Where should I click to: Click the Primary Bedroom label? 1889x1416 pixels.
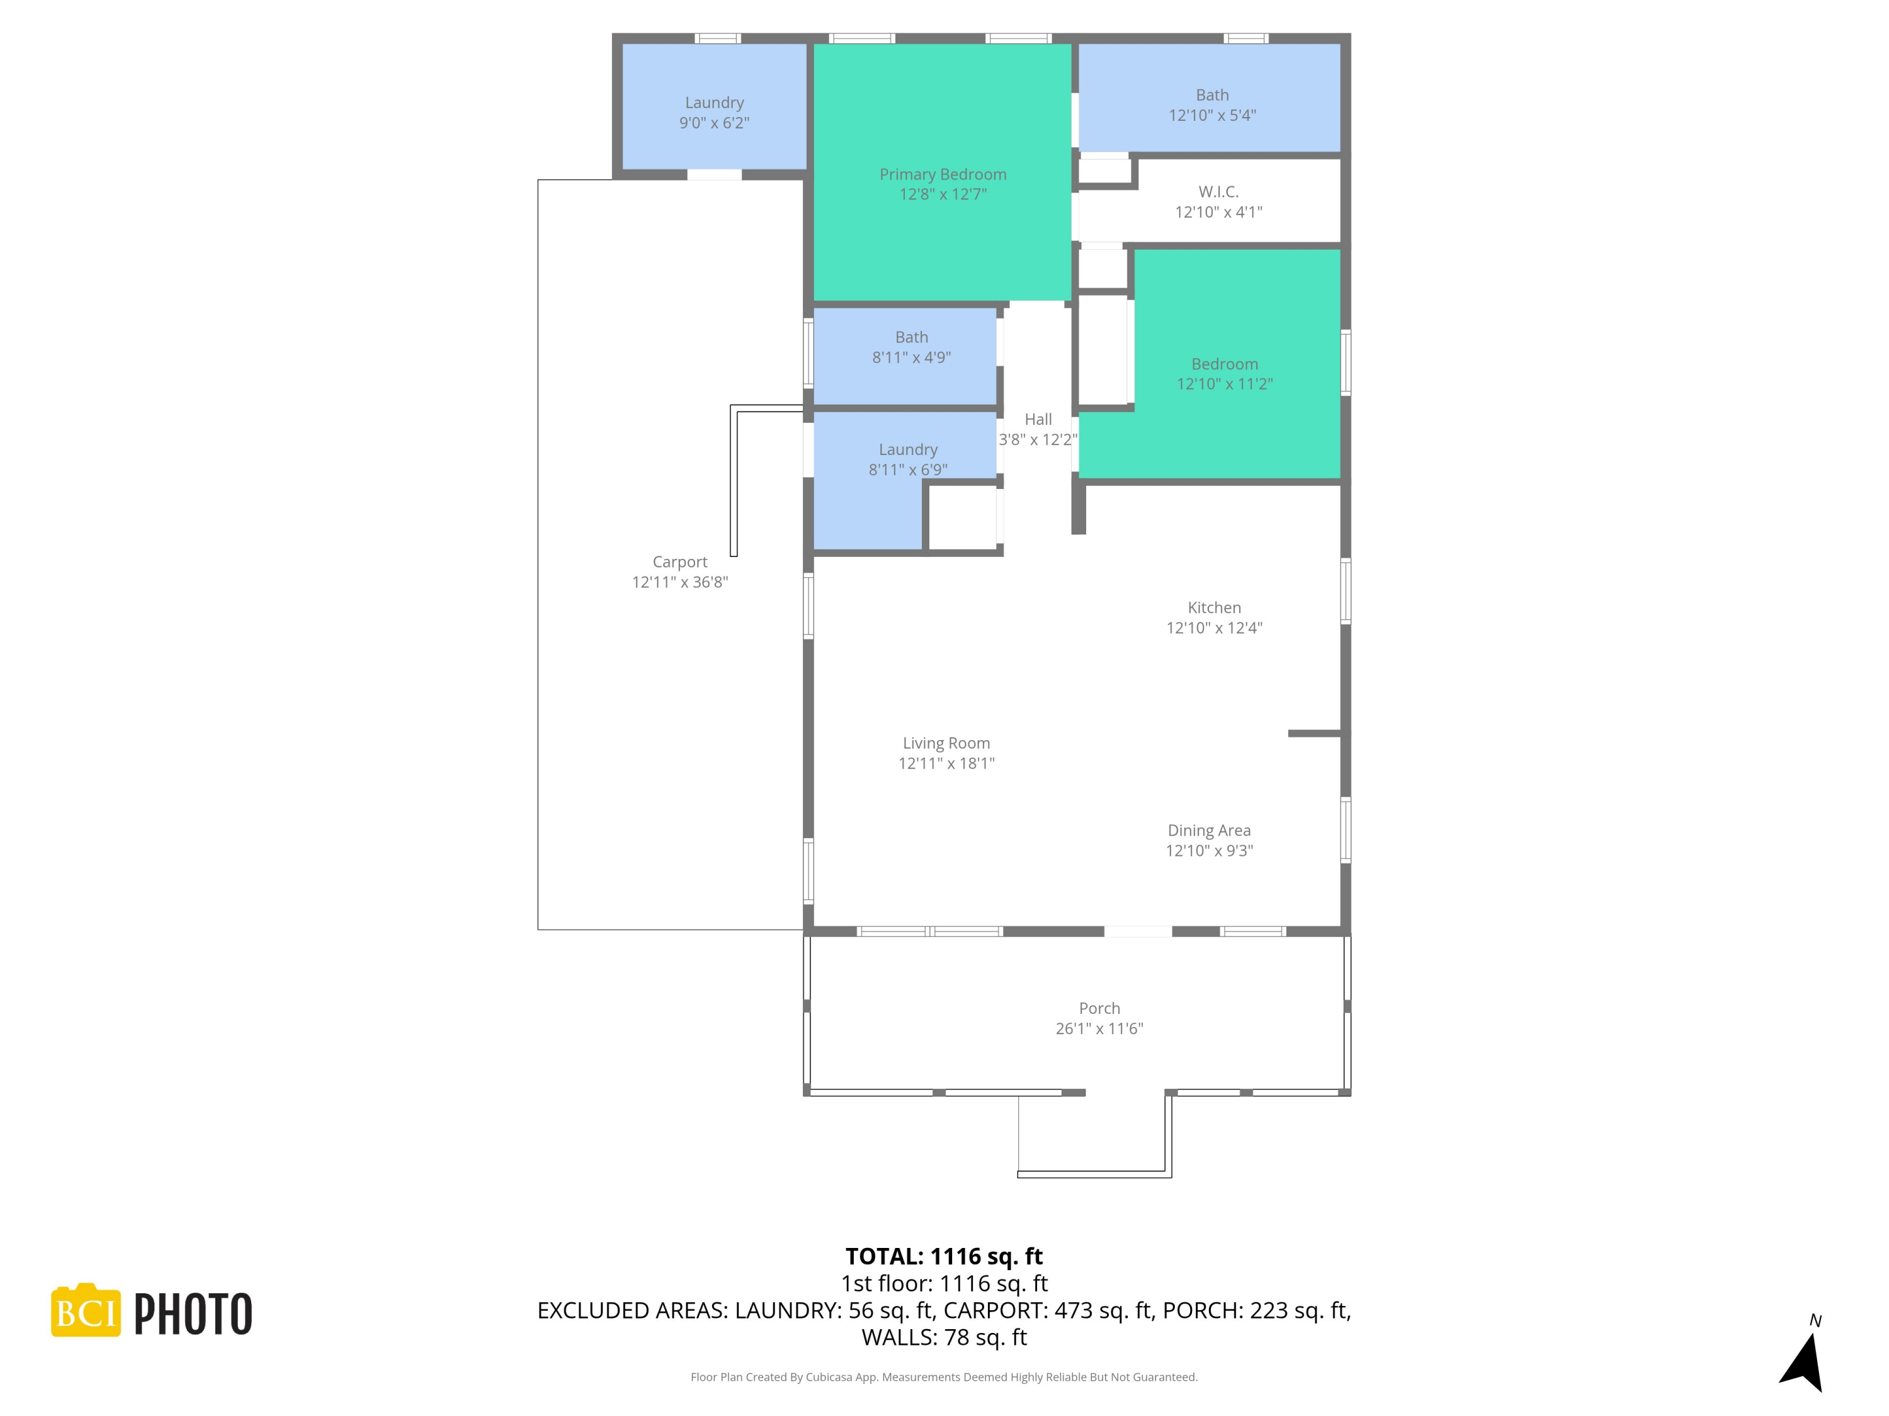(x=943, y=174)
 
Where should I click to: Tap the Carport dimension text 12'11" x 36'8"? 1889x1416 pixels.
(x=680, y=582)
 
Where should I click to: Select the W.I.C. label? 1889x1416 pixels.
(x=1218, y=192)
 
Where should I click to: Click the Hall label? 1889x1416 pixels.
(x=1038, y=419)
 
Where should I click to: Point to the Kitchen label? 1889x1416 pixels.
(x=1213, y=608)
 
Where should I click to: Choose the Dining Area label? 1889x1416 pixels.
(x=1208, y=831)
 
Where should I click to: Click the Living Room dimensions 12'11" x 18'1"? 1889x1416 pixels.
(x=946, y=763)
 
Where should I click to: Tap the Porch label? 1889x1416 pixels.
(x=1099, y=1008)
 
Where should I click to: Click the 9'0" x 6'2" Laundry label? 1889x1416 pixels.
(x=714, y=113)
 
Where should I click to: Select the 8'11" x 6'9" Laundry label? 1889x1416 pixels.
(x=908, y=459)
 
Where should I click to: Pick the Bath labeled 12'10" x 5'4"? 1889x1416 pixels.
(x=1212, y=105)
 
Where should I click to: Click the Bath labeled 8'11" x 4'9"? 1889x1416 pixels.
(x=911, y=347)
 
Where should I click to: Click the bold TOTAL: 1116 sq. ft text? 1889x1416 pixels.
(x=944, y=1256)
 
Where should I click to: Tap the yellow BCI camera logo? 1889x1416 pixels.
(x=86, y=1311)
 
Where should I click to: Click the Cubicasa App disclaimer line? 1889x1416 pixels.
(x=944, y=1377)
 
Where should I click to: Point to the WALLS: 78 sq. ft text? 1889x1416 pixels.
(x=944, y=1337)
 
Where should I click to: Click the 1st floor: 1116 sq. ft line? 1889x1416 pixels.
(x=944, y=1284)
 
